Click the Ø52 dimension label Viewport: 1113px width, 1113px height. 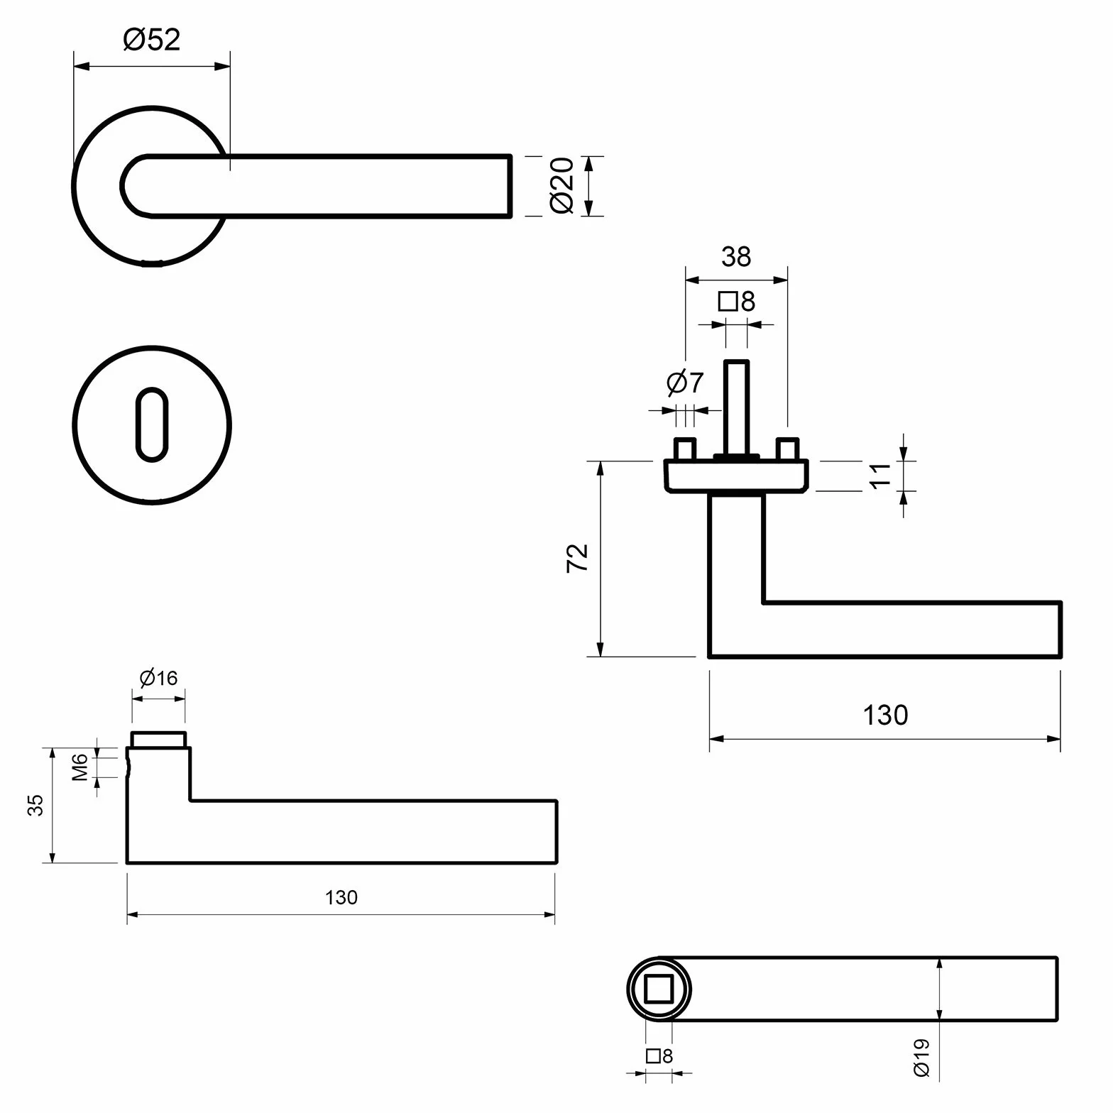152,40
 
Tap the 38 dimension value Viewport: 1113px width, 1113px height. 736,257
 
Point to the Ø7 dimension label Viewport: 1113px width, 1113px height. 685,383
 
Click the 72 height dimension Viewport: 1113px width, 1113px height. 578,558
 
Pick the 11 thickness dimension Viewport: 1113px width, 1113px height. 879,475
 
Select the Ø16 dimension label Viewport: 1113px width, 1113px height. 158,679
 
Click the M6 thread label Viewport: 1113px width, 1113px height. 79,767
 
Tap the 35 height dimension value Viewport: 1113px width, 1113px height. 35,805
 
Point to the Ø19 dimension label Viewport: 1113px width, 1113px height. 921,1058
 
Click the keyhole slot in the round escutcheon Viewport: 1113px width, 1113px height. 152,424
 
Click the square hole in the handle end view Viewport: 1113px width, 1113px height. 659,989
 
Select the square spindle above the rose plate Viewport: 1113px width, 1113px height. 736,408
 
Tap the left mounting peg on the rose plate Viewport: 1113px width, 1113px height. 685,449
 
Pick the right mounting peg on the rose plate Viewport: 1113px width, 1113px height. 787,449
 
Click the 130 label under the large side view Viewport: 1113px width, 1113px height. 885,715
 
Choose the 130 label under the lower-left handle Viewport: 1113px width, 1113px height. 341,898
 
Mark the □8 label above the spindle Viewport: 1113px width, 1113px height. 737,302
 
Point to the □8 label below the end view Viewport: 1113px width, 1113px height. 659,1056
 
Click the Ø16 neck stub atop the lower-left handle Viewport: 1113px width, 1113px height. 159,740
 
